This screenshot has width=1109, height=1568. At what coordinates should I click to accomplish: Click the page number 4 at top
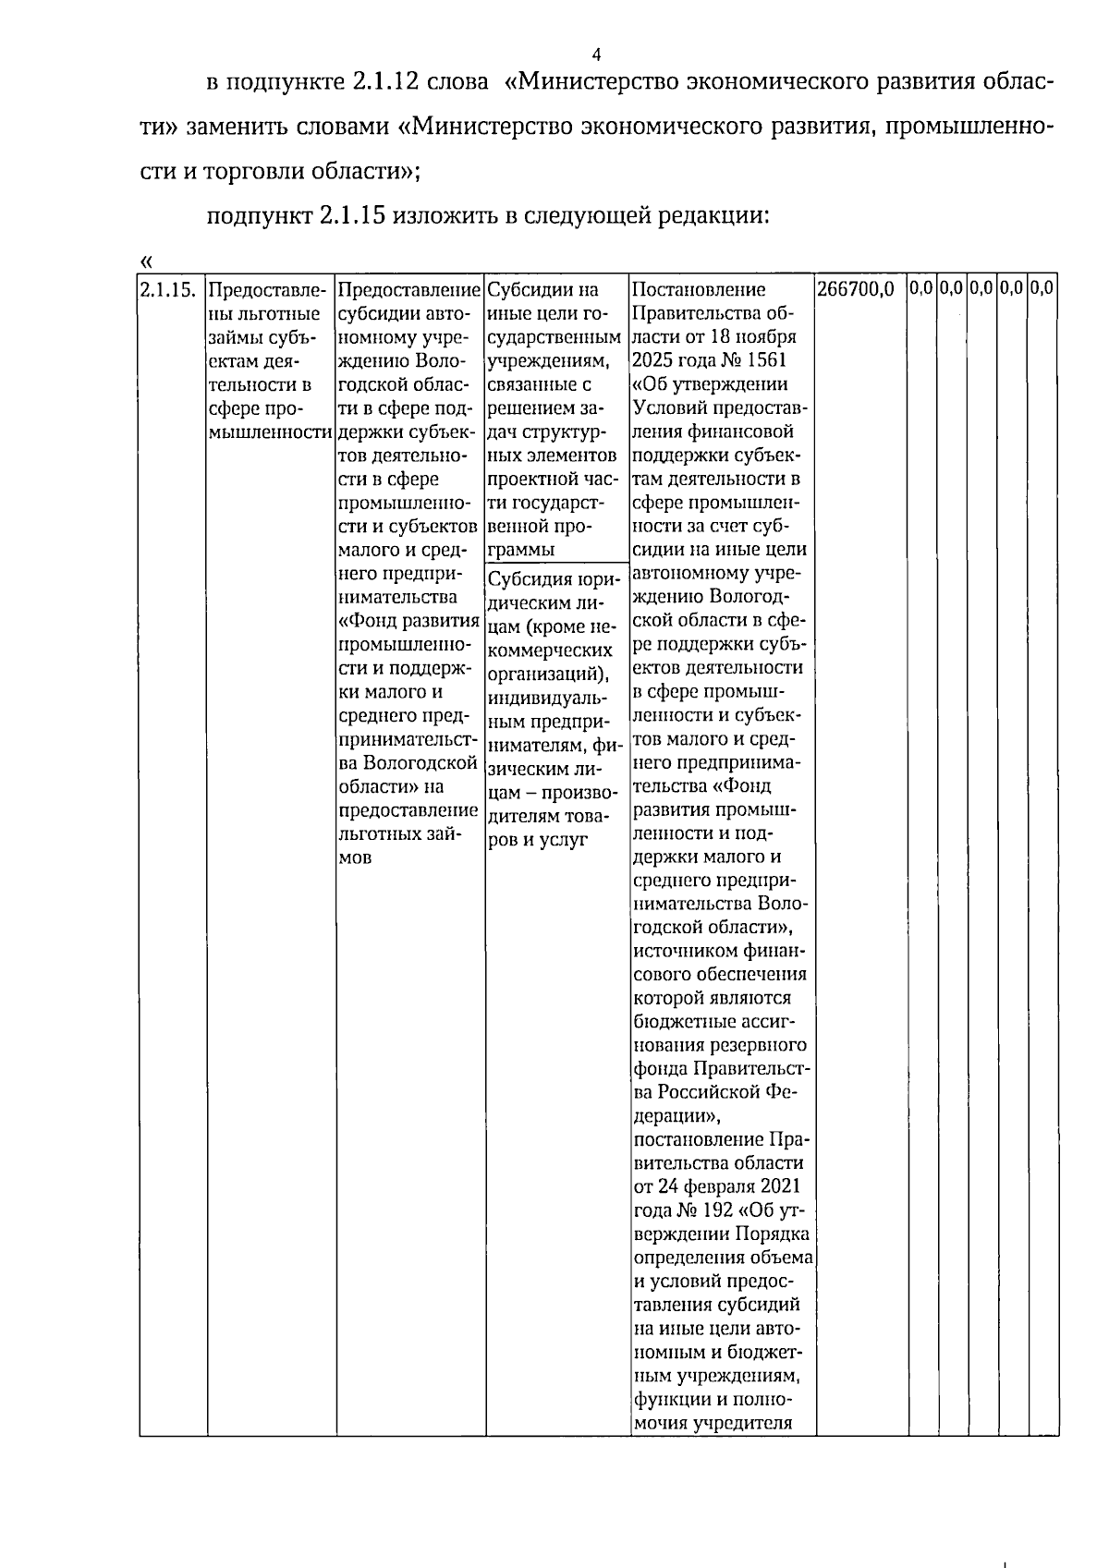tap(596, 53)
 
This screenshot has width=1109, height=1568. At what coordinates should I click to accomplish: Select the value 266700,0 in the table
tap(856, 290)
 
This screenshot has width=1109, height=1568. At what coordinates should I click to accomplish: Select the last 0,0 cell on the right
tap(1042, 288)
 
